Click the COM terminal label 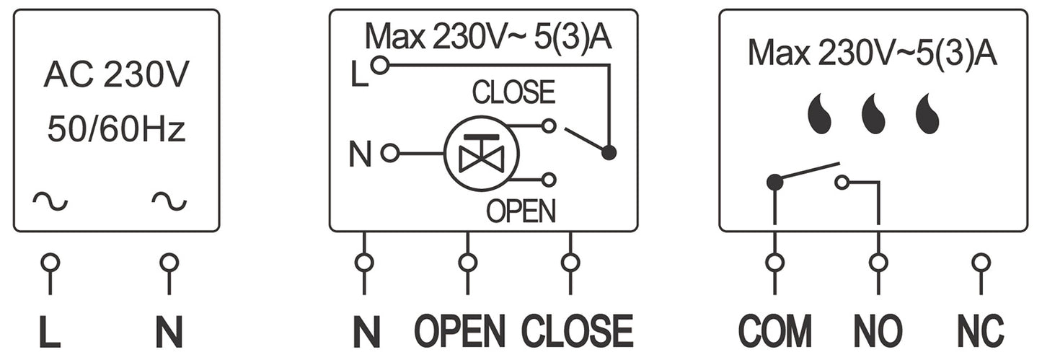coord(774,332)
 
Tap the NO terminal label coord(878,332)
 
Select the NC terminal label coord(981,332)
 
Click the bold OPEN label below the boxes coord(459,332)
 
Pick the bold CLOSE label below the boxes coord(577,332)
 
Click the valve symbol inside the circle coord(480,153)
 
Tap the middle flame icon coord(873,115)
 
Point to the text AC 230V coord(116,76)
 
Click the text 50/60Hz coord(116,131)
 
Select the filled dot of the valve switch coord(609,153)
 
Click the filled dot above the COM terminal coord(774,182)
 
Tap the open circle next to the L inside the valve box coord(379,66)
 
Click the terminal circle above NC coord(981,262)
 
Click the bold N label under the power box coord(169,333)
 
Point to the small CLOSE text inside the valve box coord(513,93)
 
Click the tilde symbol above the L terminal coord(50,202)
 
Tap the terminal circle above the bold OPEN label coord(467,262)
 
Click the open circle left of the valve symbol coord(390,153)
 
